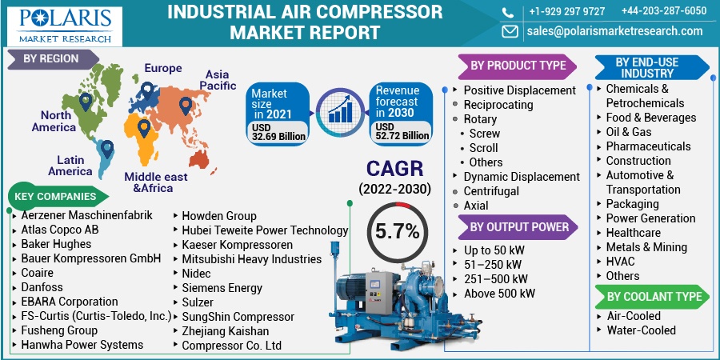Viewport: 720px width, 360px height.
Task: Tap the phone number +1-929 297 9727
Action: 566,11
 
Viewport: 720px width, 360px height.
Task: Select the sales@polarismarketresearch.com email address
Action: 614,31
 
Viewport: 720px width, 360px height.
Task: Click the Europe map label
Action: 162,69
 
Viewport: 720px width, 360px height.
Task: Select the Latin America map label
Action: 70,166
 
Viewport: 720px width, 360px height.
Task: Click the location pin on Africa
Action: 144,127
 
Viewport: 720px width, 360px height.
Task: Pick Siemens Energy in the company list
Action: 222,288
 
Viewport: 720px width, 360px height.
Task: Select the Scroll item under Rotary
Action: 484,148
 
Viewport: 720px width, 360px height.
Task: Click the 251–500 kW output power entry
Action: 495,279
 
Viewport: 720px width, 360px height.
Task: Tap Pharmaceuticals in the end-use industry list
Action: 648,146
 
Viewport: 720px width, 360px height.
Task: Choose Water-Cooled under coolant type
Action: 641,330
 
